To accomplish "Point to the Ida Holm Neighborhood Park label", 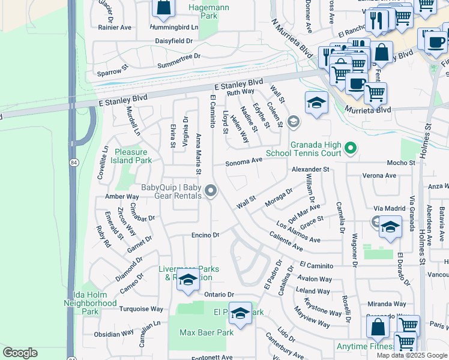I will coord(90,303).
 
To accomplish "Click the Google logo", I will coord(20,353).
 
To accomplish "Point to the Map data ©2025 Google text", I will coord(412,355).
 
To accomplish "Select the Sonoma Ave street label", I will coord(244,161).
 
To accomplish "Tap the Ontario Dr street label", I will coord(217,295).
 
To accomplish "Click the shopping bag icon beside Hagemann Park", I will coord(163,8).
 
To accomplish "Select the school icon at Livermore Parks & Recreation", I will coord(188,280).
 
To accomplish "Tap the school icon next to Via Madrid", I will coord(390,228).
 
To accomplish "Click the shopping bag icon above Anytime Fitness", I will coord(378,327).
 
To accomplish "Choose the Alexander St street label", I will coord(310,170).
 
